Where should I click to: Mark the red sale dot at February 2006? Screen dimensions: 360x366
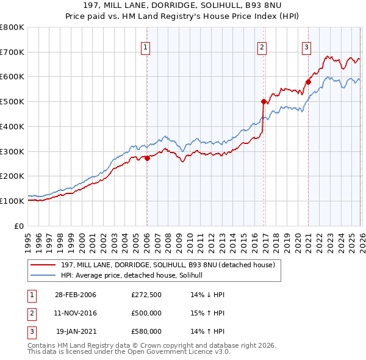coord(147,158)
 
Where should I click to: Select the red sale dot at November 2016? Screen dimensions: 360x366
coord(264,101)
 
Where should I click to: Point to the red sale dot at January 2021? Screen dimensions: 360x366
coord(308,81)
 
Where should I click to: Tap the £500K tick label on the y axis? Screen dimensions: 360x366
coord(12,102)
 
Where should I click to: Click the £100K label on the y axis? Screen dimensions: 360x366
coord(12,201)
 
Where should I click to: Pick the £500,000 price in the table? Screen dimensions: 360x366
coord(146,314)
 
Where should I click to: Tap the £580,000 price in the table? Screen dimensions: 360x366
coord(146,332)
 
